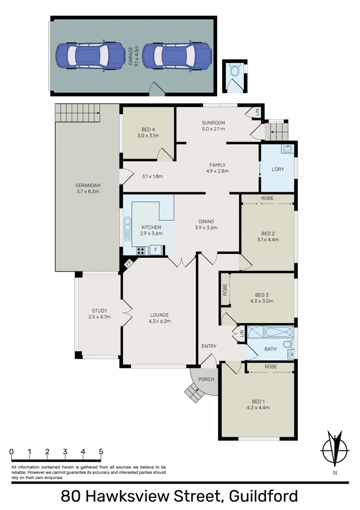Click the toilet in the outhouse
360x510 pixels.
(234, 71)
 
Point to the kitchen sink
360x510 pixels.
(127, 229)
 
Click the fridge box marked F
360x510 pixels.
(156, 250)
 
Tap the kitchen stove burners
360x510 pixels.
(141, 250)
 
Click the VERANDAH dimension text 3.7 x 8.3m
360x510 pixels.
(87, 191)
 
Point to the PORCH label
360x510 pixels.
(207, 379)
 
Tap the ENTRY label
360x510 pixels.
(209, 346)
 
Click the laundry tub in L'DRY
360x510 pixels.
(288, 149)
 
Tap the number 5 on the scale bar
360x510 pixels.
(100, 451)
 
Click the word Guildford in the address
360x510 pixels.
(263, 496)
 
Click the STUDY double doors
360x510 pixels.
(126, 314)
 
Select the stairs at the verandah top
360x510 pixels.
(77, 113)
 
